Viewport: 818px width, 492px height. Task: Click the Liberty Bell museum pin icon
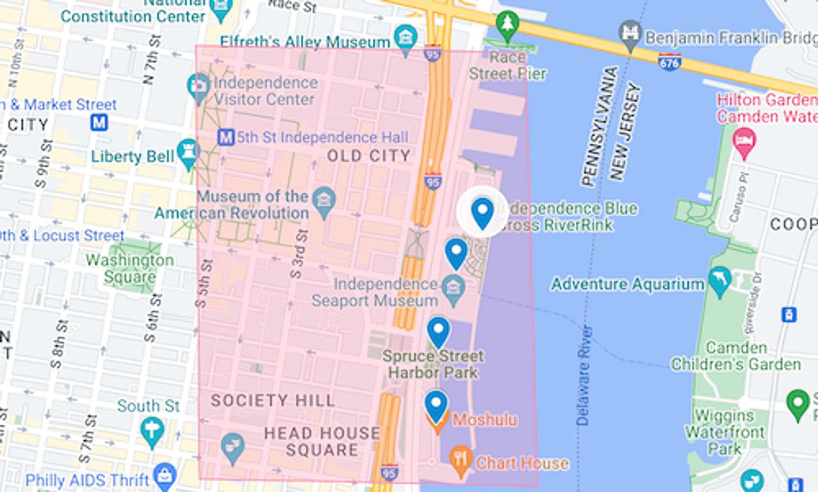point(188,152)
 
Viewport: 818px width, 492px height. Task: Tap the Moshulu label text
point(485,420)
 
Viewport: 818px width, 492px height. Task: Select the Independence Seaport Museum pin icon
point(453,288)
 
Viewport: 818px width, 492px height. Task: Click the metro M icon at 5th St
point(226,137)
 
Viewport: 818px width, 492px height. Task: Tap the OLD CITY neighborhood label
point(369,156)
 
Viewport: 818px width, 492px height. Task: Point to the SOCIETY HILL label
point(273,400)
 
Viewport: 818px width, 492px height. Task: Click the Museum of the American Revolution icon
point(324,200)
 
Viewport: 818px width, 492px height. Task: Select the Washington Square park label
point(130,269)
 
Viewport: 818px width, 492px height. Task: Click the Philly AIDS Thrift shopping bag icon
point(165,476)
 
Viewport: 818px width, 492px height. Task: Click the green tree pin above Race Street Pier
point(507,24)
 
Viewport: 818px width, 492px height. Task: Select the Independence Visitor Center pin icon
point(198,86)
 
